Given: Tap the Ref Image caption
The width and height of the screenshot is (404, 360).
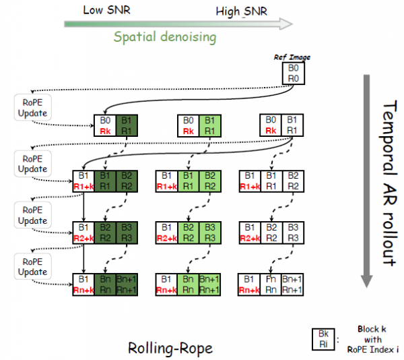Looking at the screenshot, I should [x=292, y=58].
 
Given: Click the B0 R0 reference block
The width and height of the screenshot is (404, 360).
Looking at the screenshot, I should [x=292, y=73].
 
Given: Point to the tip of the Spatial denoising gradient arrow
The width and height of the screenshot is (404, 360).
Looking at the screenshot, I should [x=290, y=24].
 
